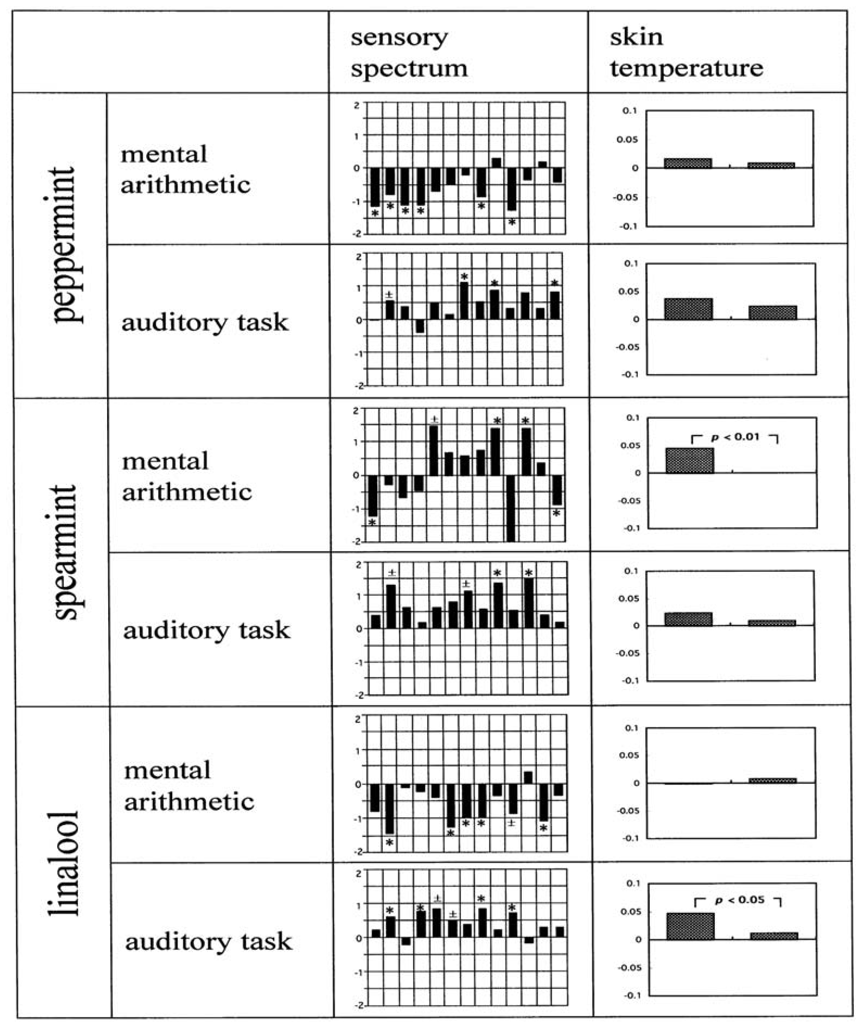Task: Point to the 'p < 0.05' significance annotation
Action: (x=739, y=899)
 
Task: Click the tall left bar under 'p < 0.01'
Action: (x=689, y=460)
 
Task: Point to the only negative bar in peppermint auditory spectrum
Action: (x=420, y=326)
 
